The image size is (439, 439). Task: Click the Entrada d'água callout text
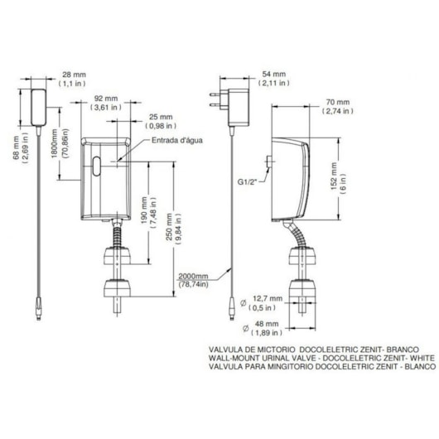(177, 140)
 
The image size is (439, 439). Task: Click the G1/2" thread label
(248, 181)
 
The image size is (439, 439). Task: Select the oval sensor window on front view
(96, 166)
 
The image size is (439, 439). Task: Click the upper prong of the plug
(215, 94)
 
